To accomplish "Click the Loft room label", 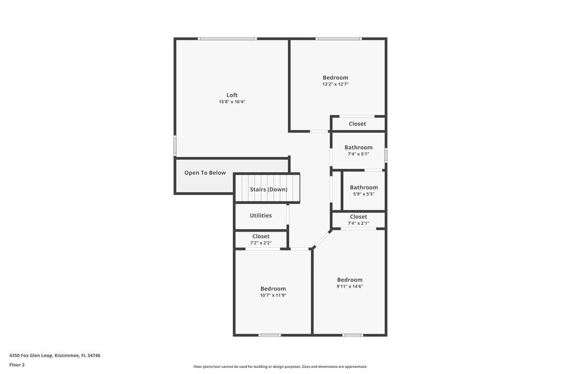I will click(x=232, y=95).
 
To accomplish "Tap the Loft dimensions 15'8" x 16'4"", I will click(x=232, y=102).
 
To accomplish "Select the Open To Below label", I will click(x=205, y=173).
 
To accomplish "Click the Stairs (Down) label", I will click(x=269, y=190).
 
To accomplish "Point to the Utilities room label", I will click(x=261, y=215).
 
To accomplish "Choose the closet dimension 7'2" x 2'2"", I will click(x=261, y=243).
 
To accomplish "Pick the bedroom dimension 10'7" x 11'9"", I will click(x=273, y=295).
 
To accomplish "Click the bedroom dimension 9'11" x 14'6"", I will click(x=350, y=287).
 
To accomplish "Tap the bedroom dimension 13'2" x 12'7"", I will click(x=335, y=84).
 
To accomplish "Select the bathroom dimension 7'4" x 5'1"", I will click(x=358, y=154).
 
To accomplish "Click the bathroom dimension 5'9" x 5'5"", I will click(x=364, y=194).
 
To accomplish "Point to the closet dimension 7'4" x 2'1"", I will click(x=358, y=223).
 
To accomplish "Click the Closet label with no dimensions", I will click(x=357, y=124).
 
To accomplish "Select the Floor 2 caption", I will click(x=17, y=364).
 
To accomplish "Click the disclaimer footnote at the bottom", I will click(x=280, y=367).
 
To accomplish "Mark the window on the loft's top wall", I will click(x=227, y=39).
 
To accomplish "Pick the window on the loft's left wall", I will click(x=175, y=146).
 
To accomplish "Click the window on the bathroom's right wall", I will click(x=386, y=154).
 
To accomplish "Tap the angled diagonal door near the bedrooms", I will click(x=321, y=239).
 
